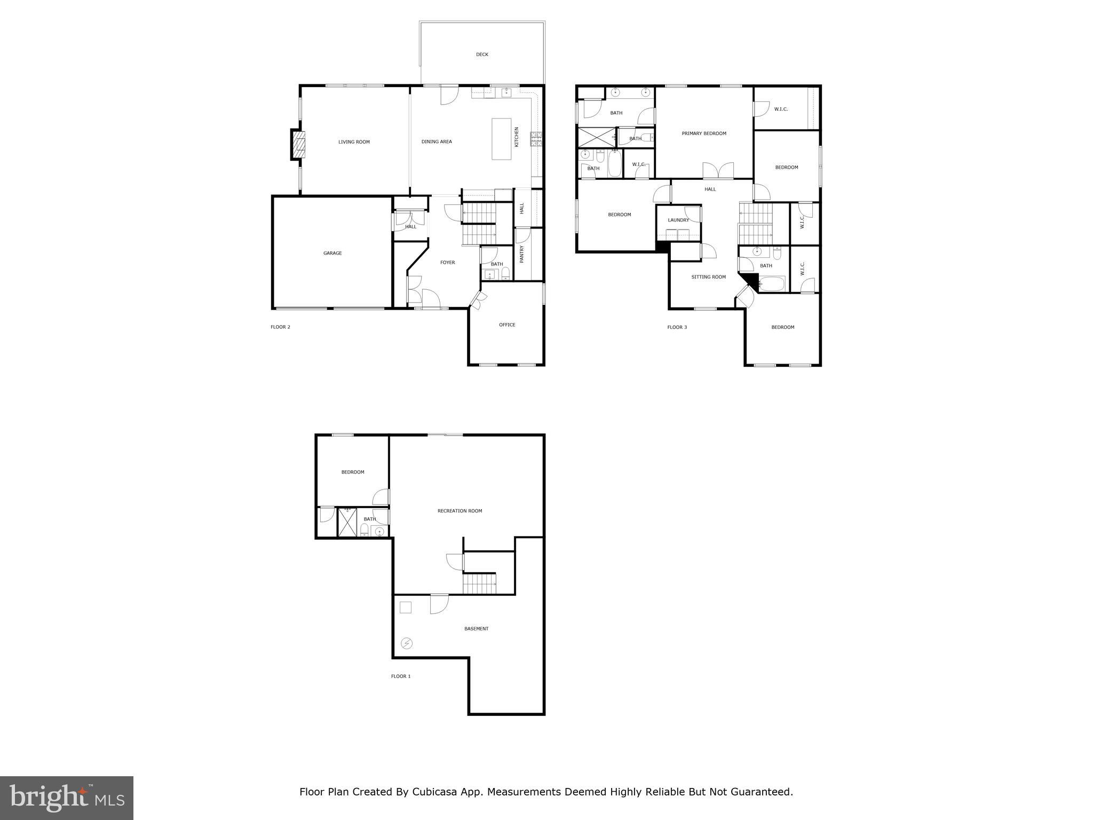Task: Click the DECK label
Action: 482,54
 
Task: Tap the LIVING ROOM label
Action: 354,142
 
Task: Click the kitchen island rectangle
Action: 501,139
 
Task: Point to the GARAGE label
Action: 332,253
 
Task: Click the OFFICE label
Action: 507,325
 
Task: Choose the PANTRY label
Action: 522,254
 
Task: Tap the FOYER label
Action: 447,263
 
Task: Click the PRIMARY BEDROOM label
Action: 704,133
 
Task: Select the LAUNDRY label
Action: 678,220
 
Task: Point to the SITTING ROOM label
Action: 708,277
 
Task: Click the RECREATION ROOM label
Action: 460,511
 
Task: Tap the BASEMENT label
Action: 476,629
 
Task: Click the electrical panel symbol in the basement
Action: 407,643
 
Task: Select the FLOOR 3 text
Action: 677,327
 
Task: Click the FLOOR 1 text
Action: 401,676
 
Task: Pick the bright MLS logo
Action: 67,798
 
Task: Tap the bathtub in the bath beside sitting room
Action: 772,283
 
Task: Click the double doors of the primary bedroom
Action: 718,171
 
